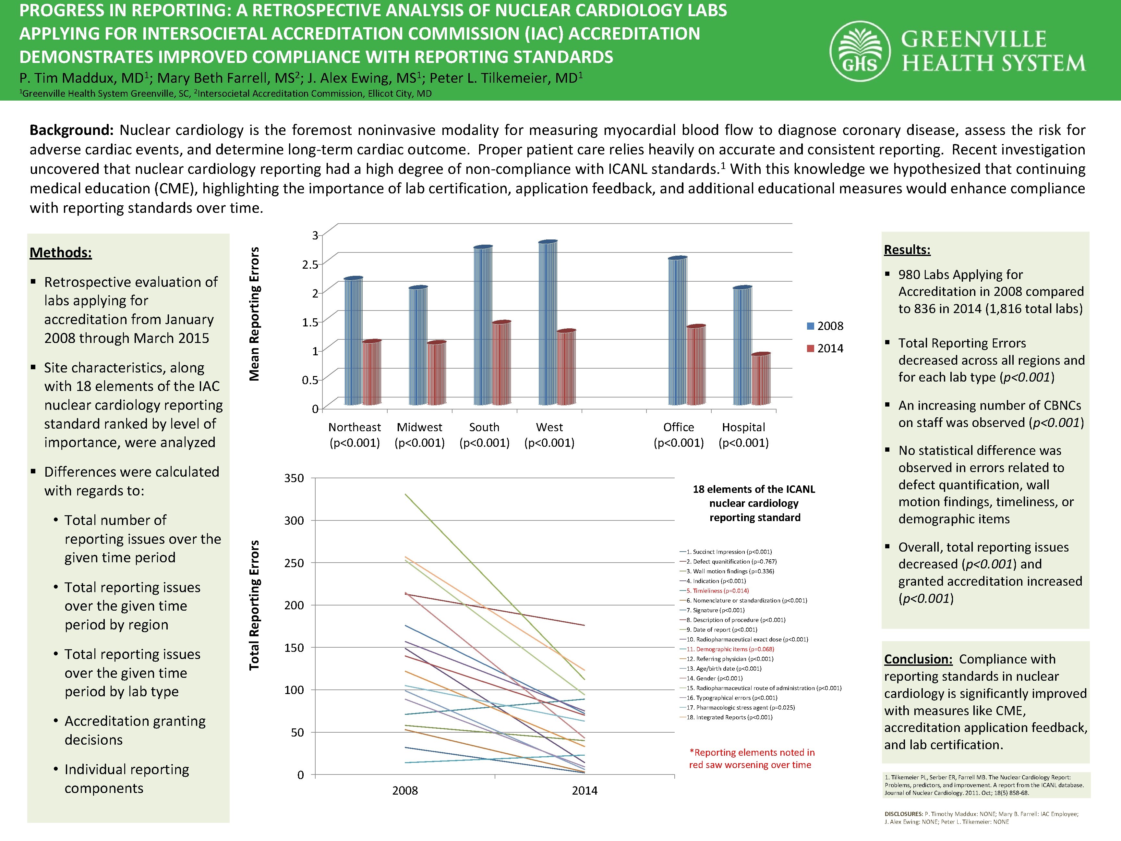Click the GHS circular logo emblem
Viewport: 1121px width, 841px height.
[x=860, y=51]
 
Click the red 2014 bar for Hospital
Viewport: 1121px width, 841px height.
[x=761, y=379]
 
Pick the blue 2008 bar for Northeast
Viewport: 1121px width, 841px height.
[x=353, y=341]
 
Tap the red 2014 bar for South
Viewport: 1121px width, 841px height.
[x=501, y=363]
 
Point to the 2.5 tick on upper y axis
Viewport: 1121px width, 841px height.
[x=310, y=264]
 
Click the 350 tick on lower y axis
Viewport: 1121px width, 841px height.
[x=294, y=478]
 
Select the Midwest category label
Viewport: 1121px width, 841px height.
[x=420, y=427]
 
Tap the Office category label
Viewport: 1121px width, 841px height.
[x=679, y=427]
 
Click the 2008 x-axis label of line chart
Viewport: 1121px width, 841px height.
[x=405, y=790]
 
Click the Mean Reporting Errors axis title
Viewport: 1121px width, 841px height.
[x=254, y=314]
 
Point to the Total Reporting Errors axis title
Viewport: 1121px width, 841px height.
[x=254, y=605]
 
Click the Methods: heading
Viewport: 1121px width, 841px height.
[x=61, y=252]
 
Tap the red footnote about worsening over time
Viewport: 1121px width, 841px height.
[x=751, y=758]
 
